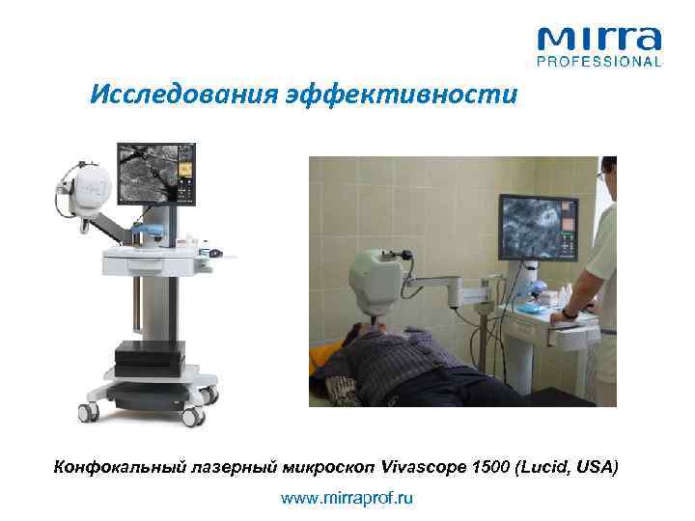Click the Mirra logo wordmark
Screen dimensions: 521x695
pyautogui.click(x=599, y=41)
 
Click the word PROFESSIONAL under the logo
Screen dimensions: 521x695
pyautogui.click(x=599, y=62)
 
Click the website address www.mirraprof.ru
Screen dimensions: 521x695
pyautogui.click(x=347, y=499)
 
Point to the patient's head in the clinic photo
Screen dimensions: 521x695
pyautogui.click(x=371, y=340)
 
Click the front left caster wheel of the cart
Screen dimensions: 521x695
pyautogui.click(x=87, y=409)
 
